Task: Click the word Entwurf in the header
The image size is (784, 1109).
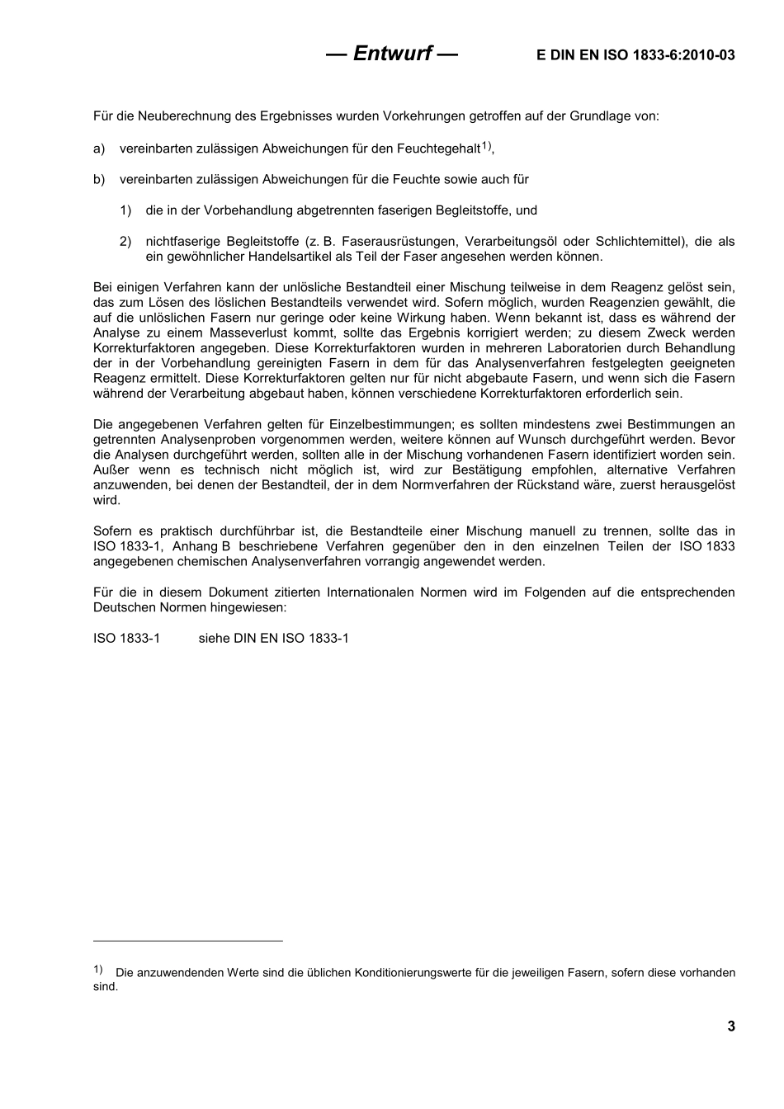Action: pos(393,54)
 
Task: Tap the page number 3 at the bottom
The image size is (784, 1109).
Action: pos(731,1026)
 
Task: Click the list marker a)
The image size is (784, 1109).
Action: pos(99,149)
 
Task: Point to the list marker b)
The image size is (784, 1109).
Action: pos(99,179)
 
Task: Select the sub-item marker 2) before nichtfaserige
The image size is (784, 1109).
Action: pos(125,241)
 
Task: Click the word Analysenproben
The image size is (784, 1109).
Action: pos(197,439)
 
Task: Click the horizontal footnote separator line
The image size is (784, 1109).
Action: pos(187,940)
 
